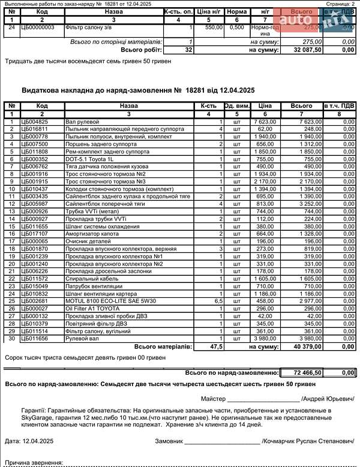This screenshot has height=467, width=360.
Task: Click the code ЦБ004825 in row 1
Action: pyautogui.click(x=34, y=122)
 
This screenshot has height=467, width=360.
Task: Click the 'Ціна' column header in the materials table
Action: pyautogui.click(x=265, y=106)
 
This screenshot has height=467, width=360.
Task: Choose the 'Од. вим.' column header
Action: pyautogui.click(x=236, y=106)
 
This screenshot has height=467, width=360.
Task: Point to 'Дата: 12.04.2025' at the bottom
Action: pyautogui.click(x=28, y=441)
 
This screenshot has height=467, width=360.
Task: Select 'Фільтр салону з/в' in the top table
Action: pyautogui.click(x=89, y=28)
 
